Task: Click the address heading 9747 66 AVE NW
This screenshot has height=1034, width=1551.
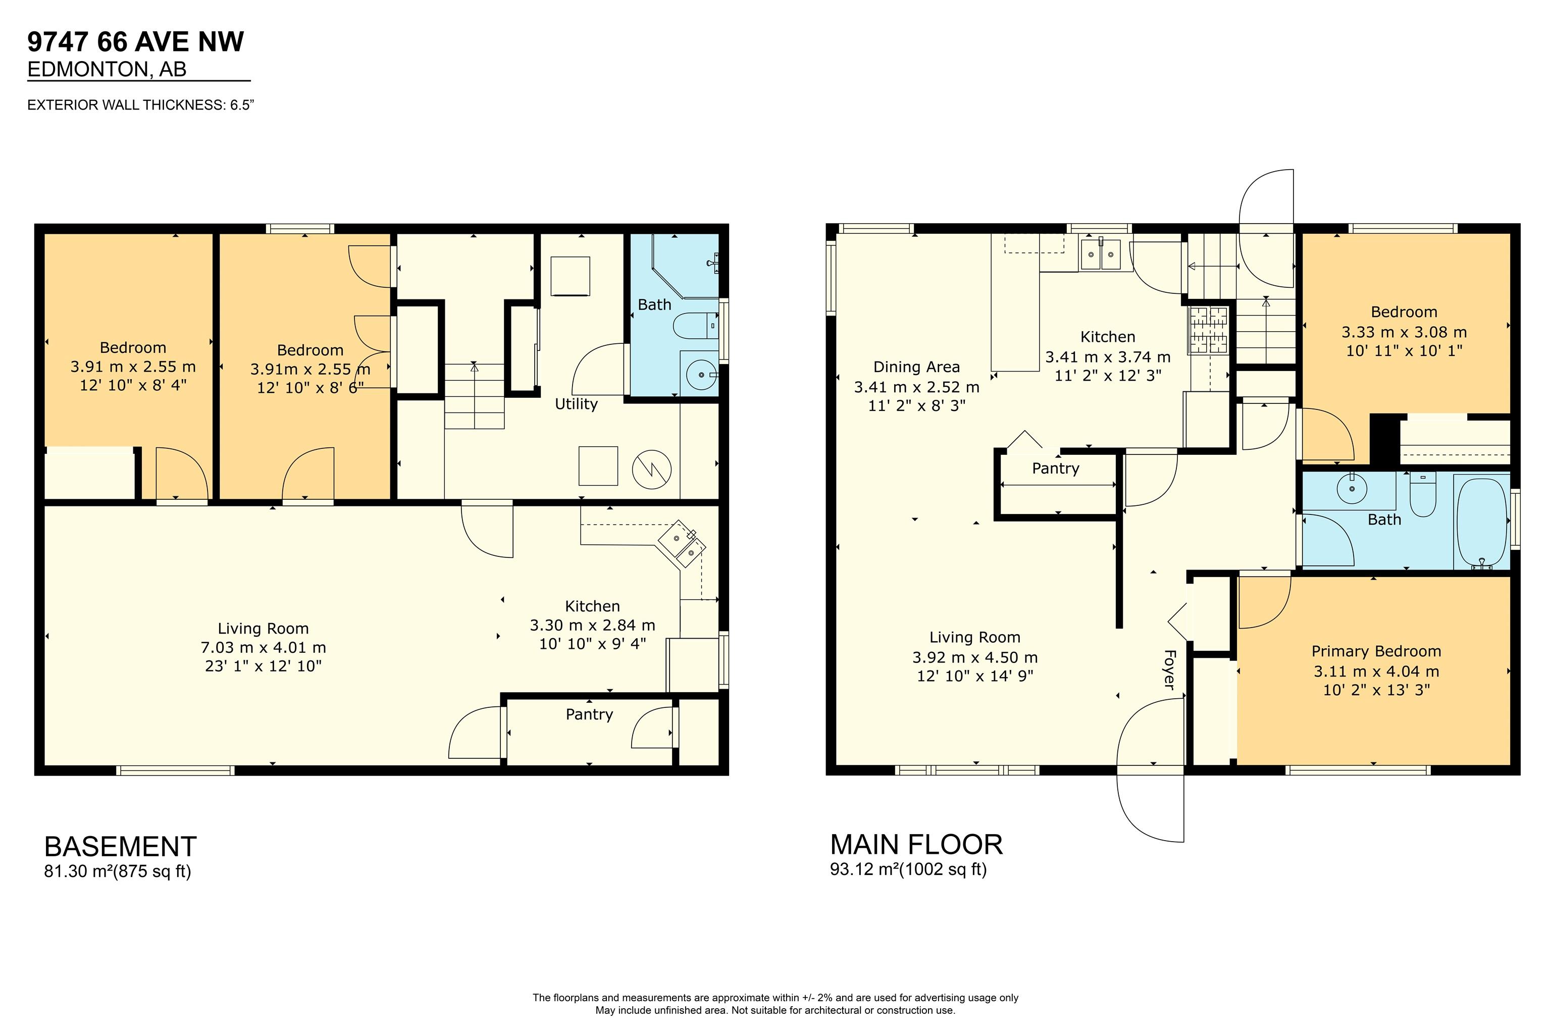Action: tap(136, 41)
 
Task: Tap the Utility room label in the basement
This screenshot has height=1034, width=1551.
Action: tap(577, 403)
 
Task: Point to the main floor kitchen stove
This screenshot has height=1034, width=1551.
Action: tap(1209, 330)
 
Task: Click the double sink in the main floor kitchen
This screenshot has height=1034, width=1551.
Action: tap(1101, 254)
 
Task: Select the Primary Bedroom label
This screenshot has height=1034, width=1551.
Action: tap(1376, 651)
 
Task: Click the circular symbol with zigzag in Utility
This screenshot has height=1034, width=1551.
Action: tap(651, 470)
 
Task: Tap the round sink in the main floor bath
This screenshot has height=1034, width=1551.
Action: tap(1352, 489)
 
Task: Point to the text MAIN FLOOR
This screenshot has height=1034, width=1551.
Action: tap(917, 845)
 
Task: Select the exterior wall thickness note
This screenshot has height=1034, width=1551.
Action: tap(140, 105)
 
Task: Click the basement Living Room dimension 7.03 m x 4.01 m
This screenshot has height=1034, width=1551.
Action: tap(263, 648)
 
